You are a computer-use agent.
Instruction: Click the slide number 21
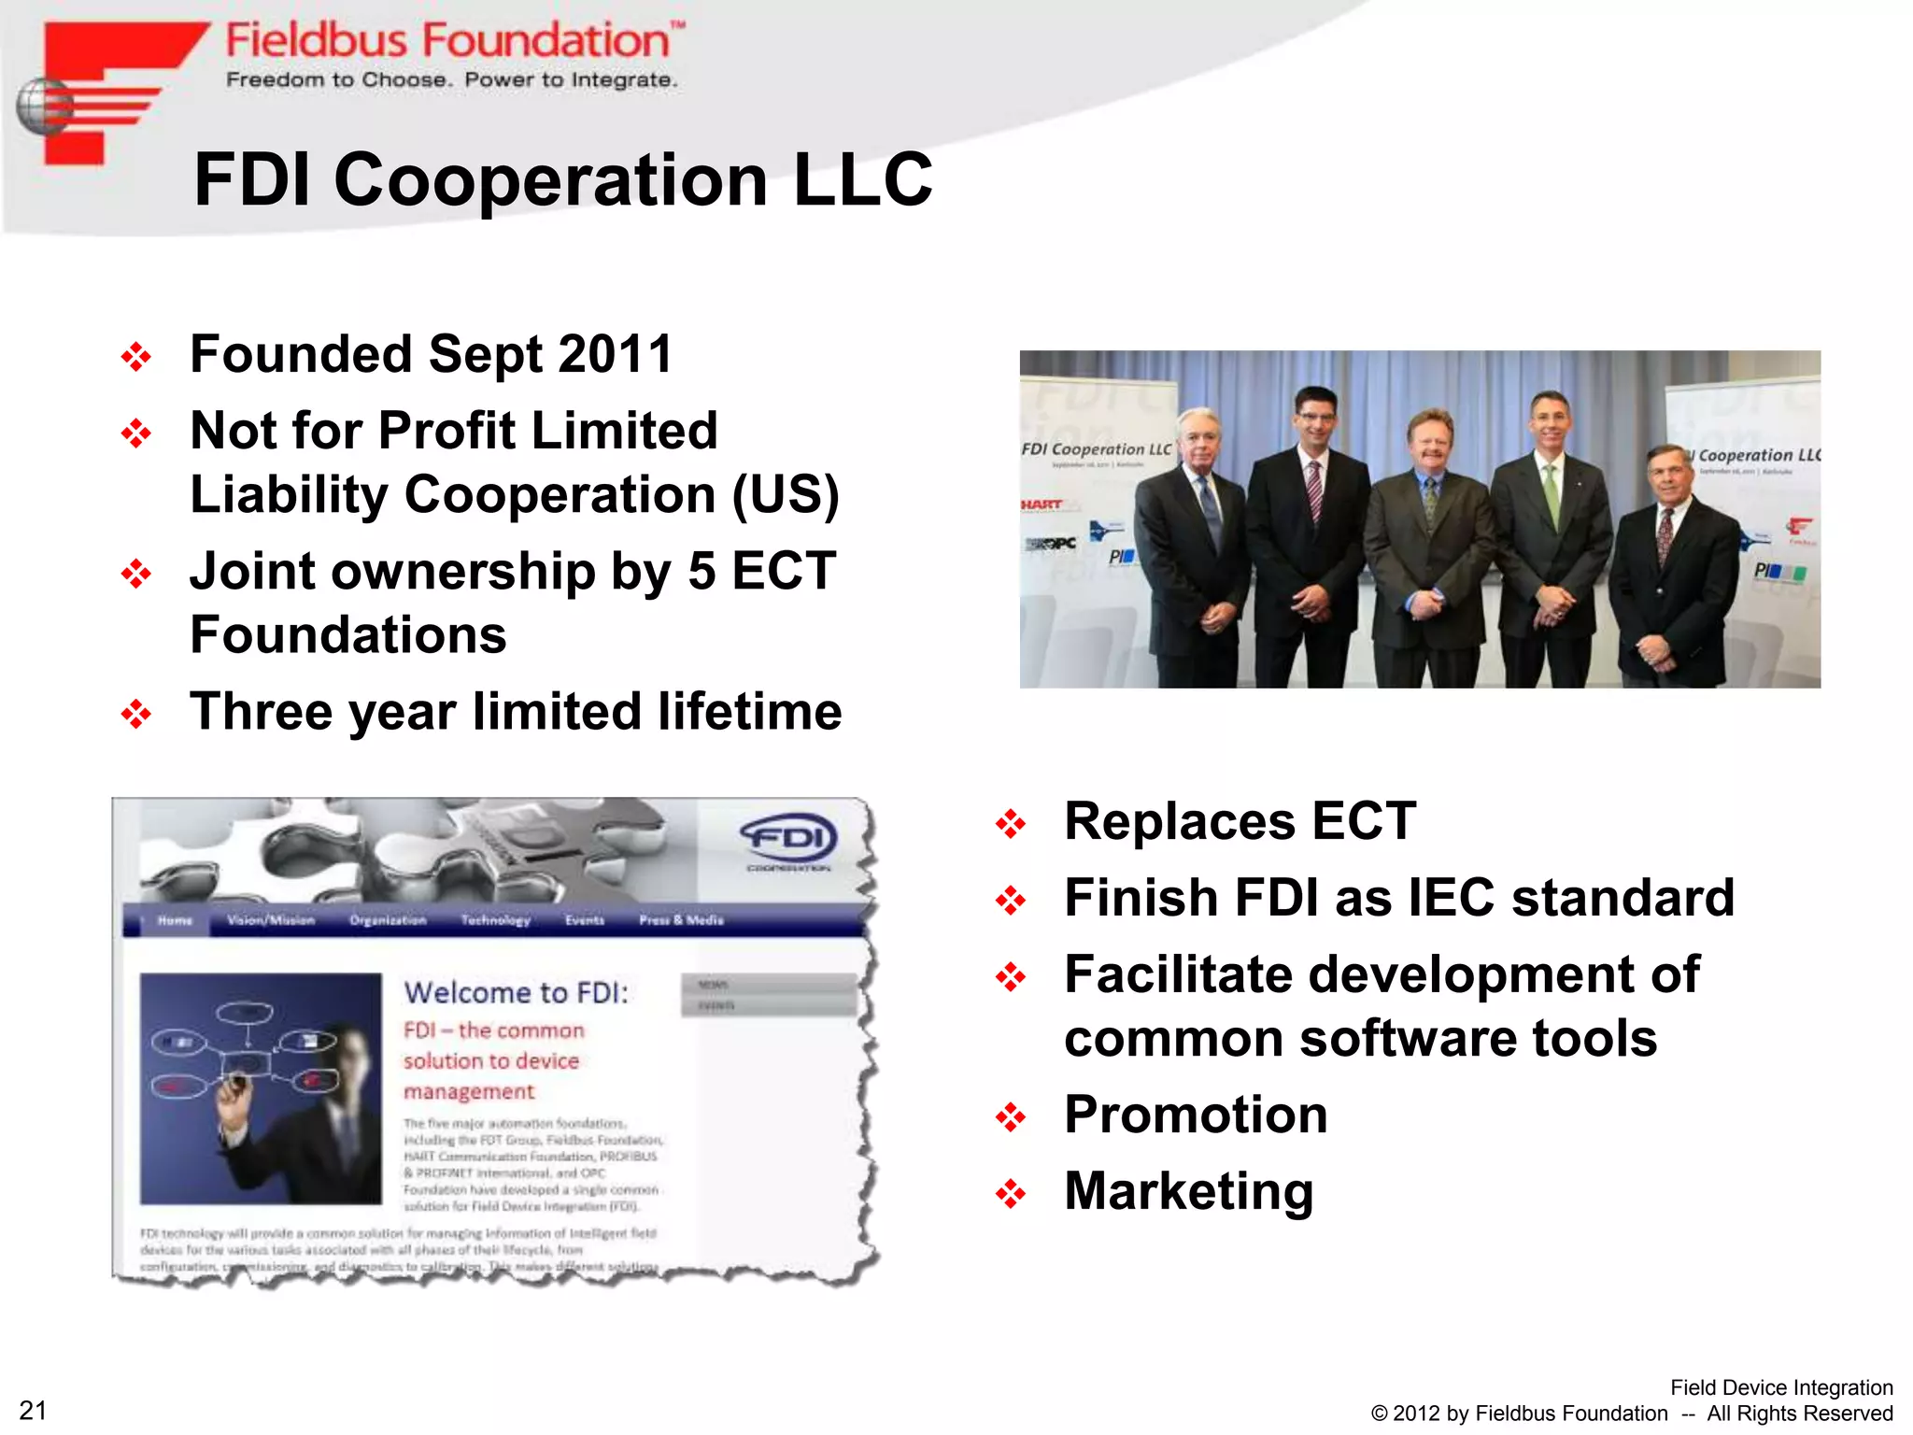click(x=33, y=1410)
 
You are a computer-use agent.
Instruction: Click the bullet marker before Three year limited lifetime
click(x=136, y=714)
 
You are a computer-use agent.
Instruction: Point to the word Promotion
click(x=1195, y=1115)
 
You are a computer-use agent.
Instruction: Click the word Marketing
click(x=1188, y=1191)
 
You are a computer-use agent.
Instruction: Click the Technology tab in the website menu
click(x=495, y=920)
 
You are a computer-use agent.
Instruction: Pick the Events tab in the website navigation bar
click(x=585, y=920)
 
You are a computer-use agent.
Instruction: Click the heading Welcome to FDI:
click(x=517, y=992)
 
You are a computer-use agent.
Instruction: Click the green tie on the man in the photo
click(x=1552, y=495)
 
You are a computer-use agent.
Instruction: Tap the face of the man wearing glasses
click(x=1317, y=419)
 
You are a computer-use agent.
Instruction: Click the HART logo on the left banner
click(x=1042, y=504)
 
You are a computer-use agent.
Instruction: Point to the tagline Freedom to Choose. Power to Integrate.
click(x=451, y=80)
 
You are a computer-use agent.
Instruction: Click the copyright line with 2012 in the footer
click(x=1630, y=1414)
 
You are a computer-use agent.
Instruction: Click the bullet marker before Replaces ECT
click(x=1011, y=824)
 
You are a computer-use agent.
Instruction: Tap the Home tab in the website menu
click(x=175, y=920)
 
